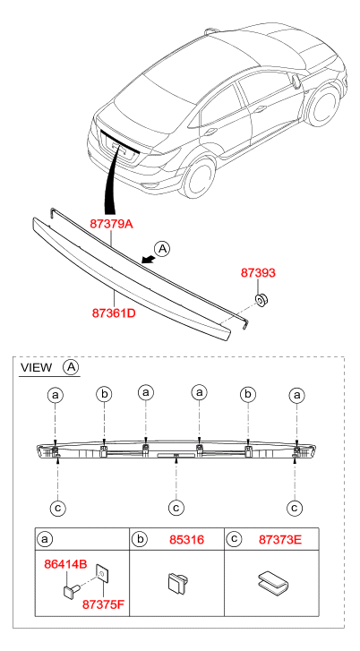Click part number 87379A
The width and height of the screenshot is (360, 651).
click(x=111, y=224)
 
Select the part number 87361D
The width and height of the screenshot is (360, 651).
click(x=114, y=313)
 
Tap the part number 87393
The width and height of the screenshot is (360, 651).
click(x=258, y=273)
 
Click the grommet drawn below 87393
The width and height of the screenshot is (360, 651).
click(x=261, y=299)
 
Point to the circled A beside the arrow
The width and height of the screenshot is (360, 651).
click(x=162, y=249)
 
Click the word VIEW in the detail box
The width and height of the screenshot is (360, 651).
click(x=37, y=367)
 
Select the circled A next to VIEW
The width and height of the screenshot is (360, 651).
click(x=71, y=367)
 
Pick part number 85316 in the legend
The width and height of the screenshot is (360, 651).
click(x=186, y=540)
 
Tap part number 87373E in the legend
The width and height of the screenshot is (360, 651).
click(x=280, y=540)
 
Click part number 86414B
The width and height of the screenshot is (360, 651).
click(x=65, y=564)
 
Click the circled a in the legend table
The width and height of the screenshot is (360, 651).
click(x=44, y=540)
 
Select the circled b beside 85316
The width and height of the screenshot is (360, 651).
click(x=138, y=539)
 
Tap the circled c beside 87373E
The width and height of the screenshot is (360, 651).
click(x=234, y=539)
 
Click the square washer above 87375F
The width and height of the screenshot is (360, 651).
click(x=102, y=574)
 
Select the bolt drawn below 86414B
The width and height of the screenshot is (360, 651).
click(x=72, y=588)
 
